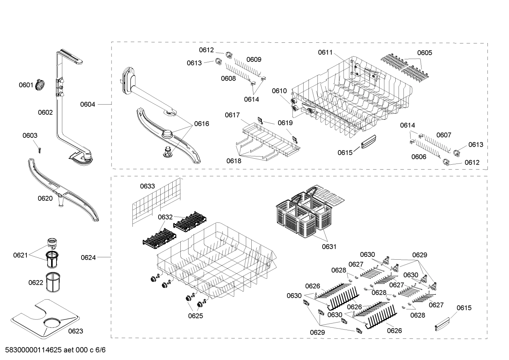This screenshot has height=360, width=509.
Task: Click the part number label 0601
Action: coord(26,85)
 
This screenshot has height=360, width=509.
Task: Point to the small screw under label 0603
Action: coord(40,149)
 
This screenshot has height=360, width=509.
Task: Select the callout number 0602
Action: coord(45,112)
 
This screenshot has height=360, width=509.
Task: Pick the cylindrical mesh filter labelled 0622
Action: coord(54,282)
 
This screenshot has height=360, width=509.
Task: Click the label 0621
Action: coord(20,255)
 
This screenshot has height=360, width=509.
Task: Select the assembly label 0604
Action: coord(88,104)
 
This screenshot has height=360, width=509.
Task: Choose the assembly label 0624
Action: coord(88,258)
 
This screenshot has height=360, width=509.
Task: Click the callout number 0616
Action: coord(201,124)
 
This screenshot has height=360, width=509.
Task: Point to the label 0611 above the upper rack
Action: coord(325,52)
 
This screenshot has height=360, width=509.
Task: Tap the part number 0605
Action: coord(424,53)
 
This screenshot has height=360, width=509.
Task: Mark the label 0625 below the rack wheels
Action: coord(195,316)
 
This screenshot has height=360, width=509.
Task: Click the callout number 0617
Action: coord(232,115)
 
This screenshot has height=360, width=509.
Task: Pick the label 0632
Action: coord(165,217)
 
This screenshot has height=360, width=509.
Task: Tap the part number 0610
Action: coord(279,91)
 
